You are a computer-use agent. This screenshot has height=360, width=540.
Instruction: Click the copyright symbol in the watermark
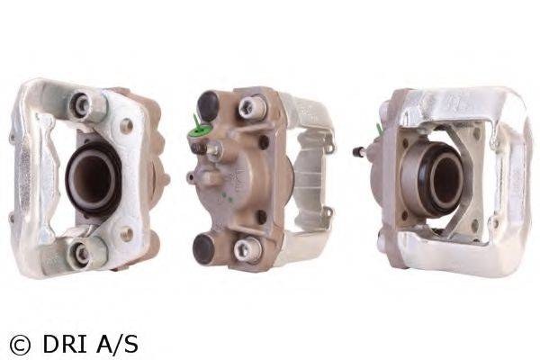coord(20,345)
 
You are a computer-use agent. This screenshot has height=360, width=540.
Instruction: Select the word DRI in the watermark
coord(65,343)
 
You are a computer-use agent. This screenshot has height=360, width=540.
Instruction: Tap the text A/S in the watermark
coord(117,343)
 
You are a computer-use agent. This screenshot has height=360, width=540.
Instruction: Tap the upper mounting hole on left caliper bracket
coord(127,125)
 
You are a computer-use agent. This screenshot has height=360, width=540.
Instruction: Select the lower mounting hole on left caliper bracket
coord(128,234)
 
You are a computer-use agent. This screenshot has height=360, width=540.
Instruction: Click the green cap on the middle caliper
coord(198,132)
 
